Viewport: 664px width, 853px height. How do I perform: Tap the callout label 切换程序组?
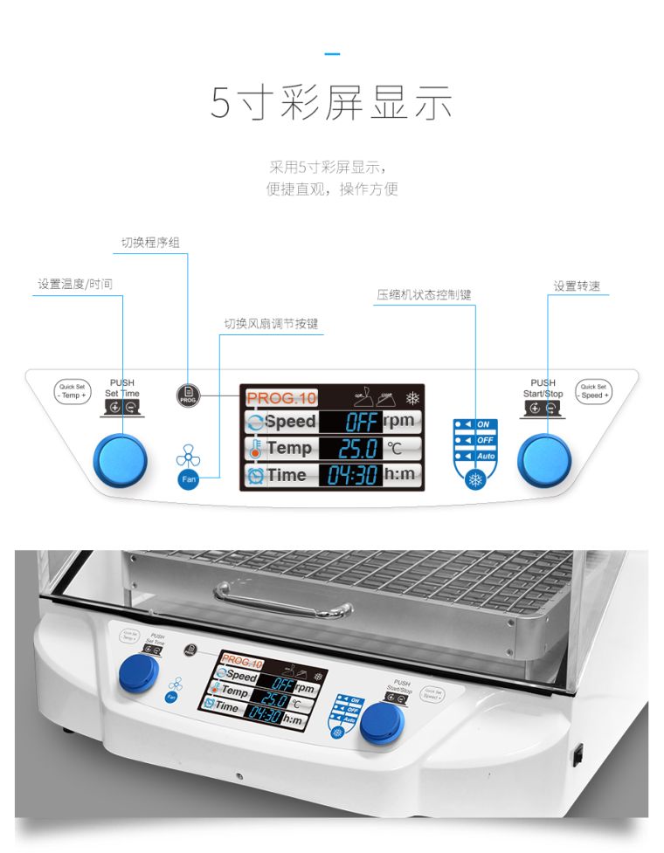coord(150,242)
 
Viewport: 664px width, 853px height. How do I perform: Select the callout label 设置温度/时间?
coord(75,284)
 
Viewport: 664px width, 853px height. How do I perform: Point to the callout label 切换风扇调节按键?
coord(271,324)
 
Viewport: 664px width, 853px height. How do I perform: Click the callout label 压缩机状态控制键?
coord(424,295)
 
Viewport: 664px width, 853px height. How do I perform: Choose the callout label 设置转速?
coord(576,286)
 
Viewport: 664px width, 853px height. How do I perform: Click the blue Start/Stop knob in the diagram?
coord(544,459)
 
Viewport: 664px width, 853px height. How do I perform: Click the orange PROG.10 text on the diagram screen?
coord(281,398)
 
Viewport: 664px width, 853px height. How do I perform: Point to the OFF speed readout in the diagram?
coord(361,423)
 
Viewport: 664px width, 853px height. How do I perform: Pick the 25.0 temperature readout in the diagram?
coord(357,449)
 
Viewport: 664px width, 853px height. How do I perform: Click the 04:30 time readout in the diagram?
coord(353,476)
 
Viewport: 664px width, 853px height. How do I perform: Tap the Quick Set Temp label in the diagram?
coord(71,391)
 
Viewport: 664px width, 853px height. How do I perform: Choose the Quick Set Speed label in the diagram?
coord(593,391)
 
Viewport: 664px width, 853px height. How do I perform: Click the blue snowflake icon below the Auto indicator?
coord(475,479)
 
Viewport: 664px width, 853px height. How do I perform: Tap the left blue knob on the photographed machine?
coord(139,673)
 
